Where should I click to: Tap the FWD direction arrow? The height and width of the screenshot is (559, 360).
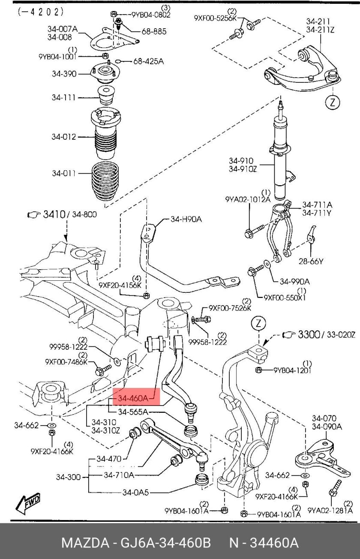click(x=28, y=503)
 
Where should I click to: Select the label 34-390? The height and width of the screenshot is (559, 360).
click(x=64, y=74)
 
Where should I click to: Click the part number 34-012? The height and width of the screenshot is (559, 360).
click(x=64, y=137)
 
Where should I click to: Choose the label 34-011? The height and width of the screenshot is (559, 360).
click(x=64, y=173)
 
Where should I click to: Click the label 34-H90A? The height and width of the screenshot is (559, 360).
click(x=186, y=219)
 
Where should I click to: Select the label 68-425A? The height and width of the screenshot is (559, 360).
click(x=148, y=61)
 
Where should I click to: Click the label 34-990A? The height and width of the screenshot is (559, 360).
click(x=294, y=282)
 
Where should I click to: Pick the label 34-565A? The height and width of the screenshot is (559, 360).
click(x=133, y=412)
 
